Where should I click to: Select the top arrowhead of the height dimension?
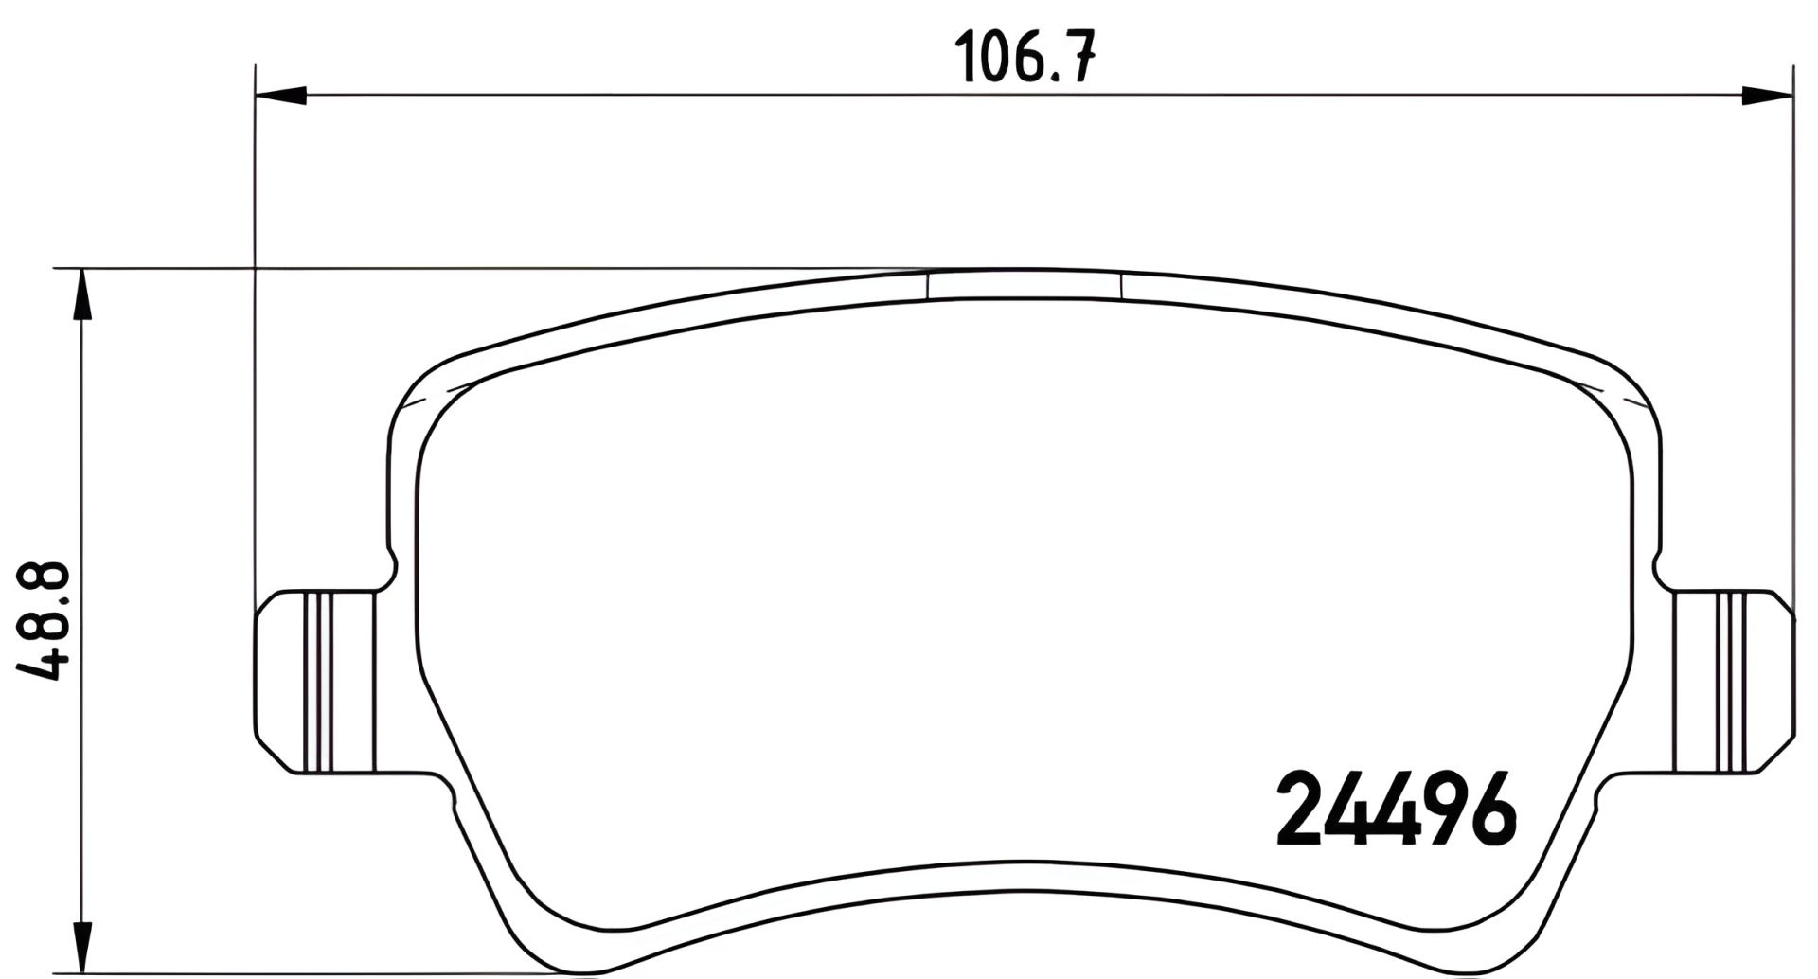(83, 294)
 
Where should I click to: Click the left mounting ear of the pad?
(312, 682)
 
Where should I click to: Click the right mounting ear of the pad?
(1733, 682)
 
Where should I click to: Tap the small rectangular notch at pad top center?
(1024, 285)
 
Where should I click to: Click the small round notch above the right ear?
(1660, 571)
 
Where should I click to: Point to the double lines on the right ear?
(1735, 682)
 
